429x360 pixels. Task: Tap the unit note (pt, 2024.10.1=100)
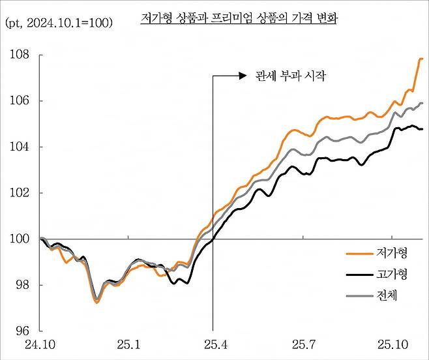pos(59,23)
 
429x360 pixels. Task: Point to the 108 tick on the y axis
pos(19,55)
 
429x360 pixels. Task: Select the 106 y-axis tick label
pos(19,101)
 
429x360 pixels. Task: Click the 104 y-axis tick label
pos(19,147)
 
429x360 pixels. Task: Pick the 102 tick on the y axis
pos(19,193)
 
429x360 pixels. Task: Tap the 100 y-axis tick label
pos(19,239)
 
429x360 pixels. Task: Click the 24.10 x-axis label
pos(40,344)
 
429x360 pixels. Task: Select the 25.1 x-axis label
pos(128,344)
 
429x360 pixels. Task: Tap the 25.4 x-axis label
pos(213,344)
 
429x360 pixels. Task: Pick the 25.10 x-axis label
pos(392,344)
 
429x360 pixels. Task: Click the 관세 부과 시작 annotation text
pos(281,76)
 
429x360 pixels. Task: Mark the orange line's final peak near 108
pos(421,59)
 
